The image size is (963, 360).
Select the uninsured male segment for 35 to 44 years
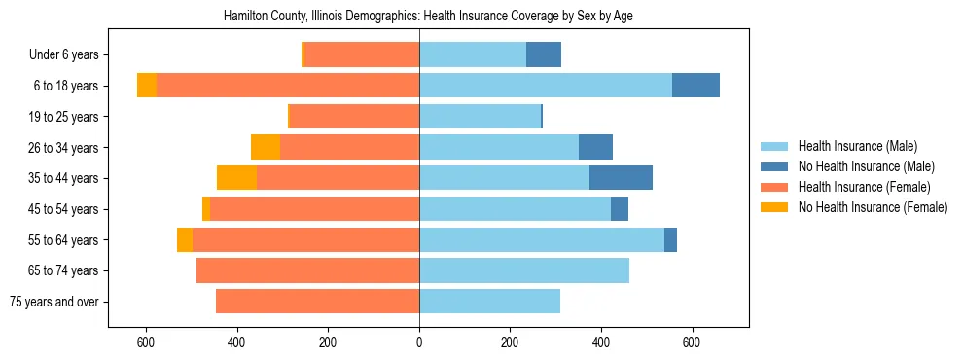pos(621,178)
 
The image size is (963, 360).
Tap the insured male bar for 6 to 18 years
pos(545,86)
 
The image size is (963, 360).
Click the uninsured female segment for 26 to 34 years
pos(266,147)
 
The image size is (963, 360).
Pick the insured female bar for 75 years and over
pos(317,302)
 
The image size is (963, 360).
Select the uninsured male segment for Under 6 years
pos(544,54)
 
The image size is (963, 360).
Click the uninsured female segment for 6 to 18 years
pos(147,86)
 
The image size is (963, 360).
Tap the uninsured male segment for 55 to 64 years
pos(670,239)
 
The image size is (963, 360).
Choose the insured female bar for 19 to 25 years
pos(355,117)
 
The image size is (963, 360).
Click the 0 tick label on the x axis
pos(419,342)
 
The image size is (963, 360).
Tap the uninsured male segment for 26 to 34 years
pos(595,147)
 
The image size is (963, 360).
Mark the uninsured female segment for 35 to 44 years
pos(236,178)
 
